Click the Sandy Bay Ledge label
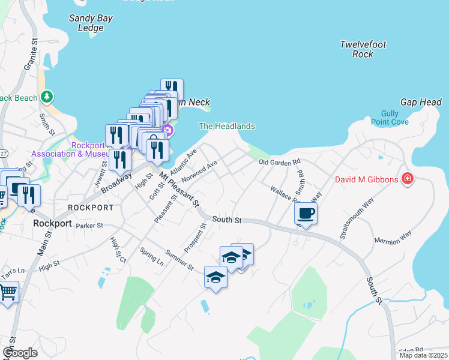(x=91, y=23)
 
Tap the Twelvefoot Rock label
(x=363, y=49)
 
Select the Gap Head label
(x=421, y=103)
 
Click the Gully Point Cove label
(x=394, y=118)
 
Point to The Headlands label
(x=227, y=126)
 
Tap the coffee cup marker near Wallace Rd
(x=306, y=214)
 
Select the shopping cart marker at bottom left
(x=8, y=293)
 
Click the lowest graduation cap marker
(x=215, y=277)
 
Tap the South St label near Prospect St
(x=227, y=220)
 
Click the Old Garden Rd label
(x=279, y=163)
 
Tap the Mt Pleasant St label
(x=179, y=189)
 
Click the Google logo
(x=20, y=353)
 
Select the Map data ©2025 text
(x=424, y=355)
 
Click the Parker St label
(x=90, y=226)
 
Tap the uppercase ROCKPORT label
(x=91, y=207)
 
